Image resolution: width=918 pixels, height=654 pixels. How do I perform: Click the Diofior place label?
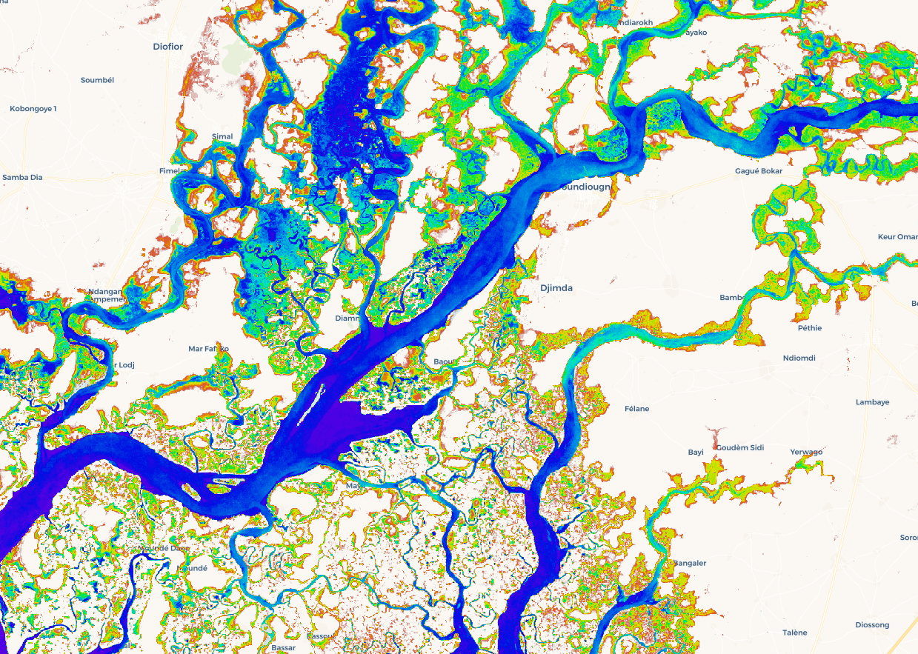pos(167,46)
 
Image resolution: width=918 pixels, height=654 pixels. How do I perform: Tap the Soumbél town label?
pos(97,79)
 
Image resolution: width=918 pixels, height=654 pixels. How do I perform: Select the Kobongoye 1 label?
pos(33,109)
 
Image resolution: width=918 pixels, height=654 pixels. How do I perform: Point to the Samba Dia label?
pos(22,177)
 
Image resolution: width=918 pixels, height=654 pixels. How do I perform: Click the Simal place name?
pos(222,136)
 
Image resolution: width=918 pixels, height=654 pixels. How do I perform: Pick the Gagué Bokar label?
pos(758,171)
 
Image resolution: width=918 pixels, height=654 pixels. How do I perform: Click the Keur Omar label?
pos(897,237)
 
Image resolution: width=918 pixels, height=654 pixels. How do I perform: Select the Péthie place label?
pos(810,327)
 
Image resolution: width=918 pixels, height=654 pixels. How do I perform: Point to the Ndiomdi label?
pos(799,358)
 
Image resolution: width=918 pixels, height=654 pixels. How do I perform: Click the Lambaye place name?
pos(872,402)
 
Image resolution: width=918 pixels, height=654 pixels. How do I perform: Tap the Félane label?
pos(636,408)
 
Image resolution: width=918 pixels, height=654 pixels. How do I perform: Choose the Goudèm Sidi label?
pos(739,447)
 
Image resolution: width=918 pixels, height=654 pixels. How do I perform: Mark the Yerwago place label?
pos(806,452)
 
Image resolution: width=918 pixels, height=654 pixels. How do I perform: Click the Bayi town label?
pos(696,452)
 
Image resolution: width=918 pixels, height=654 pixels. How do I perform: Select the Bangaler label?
pos(689,563)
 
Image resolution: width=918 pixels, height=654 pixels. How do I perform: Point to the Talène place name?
pos(794,633)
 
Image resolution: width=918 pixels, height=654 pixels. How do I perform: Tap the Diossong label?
pos(871,624)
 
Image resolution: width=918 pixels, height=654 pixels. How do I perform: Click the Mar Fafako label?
pos(208,348)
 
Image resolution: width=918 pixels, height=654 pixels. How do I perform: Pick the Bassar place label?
pos(283,648)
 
